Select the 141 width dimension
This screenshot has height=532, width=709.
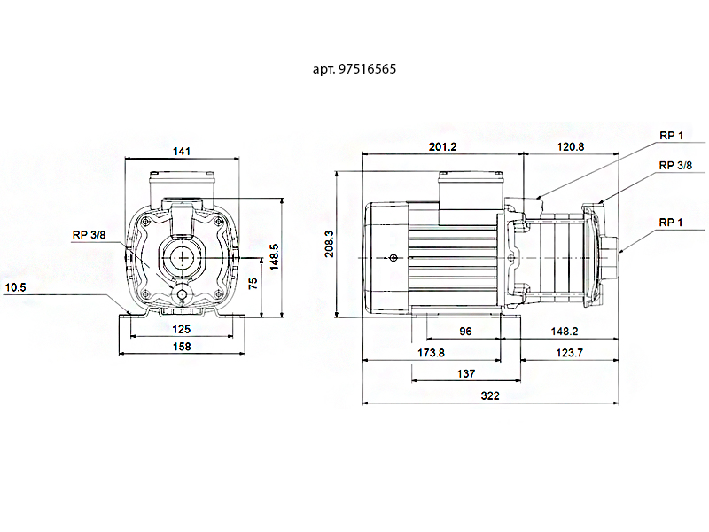[182, 152]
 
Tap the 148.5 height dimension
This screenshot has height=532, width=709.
[276, 257]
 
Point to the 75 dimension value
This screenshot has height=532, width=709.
[253, 283]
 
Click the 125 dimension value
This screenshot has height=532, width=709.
[182, 329]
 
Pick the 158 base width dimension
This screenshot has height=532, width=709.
[182, 347]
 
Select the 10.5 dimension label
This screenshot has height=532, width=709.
[15, 286]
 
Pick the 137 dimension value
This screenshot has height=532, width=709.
[465, 374]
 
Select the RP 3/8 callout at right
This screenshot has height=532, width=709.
[675, 165]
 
